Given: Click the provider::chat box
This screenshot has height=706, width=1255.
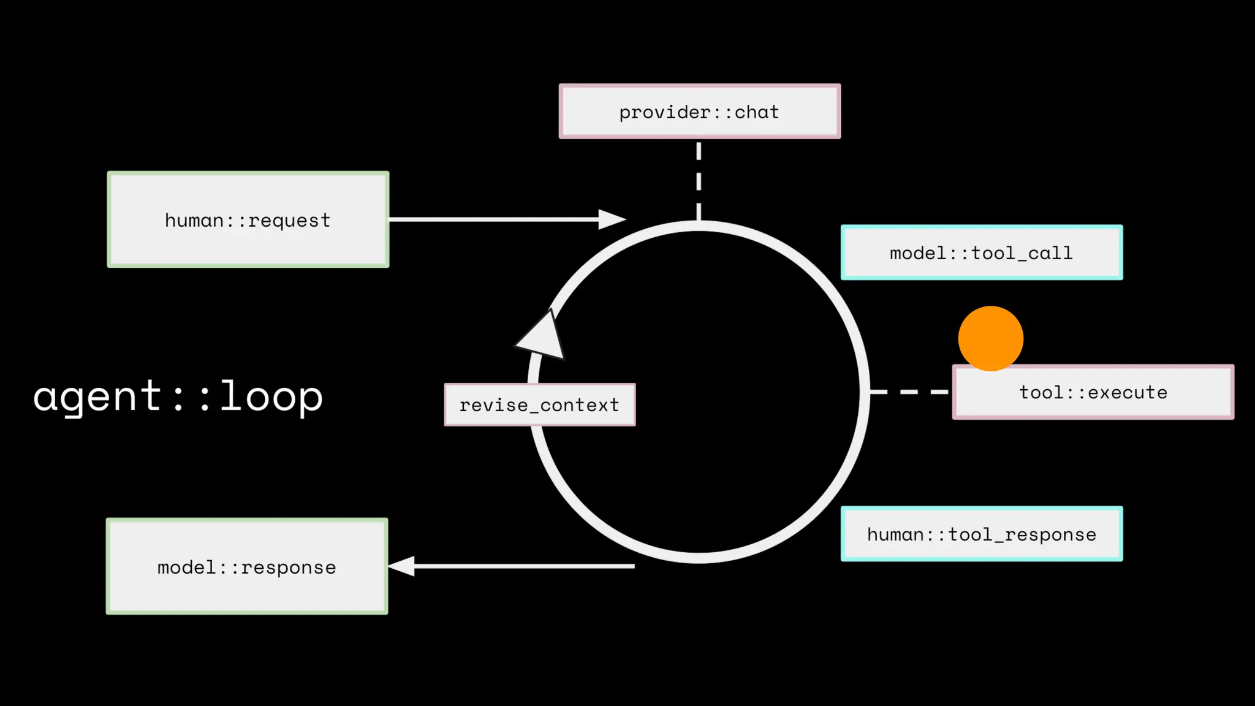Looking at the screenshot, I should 699,112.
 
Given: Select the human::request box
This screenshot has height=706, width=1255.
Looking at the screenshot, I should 248,219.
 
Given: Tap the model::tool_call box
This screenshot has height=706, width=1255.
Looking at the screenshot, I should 981,252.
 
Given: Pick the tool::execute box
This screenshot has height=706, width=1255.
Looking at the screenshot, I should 1093,392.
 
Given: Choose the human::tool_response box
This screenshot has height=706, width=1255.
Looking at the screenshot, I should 981,534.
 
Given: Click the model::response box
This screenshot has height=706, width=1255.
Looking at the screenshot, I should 247,566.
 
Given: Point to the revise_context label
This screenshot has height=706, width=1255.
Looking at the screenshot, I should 539,404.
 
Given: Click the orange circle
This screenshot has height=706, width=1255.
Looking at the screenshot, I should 990,338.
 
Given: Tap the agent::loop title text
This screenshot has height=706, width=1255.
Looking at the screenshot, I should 178,396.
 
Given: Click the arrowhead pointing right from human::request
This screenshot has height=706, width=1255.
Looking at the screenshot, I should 611,219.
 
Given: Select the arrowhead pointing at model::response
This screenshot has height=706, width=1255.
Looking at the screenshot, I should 403,566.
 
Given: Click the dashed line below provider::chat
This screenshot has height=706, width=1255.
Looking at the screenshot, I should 699,180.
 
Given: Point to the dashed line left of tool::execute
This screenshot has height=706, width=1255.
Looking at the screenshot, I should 909,391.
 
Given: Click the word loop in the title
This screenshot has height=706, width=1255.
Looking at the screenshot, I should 271,396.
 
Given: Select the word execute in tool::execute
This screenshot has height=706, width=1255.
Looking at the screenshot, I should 1128,392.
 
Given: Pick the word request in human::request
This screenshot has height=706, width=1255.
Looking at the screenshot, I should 289,220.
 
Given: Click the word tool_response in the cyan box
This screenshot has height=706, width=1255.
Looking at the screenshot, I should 1022,534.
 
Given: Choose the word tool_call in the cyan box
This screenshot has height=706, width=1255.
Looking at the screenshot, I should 1022,253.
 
